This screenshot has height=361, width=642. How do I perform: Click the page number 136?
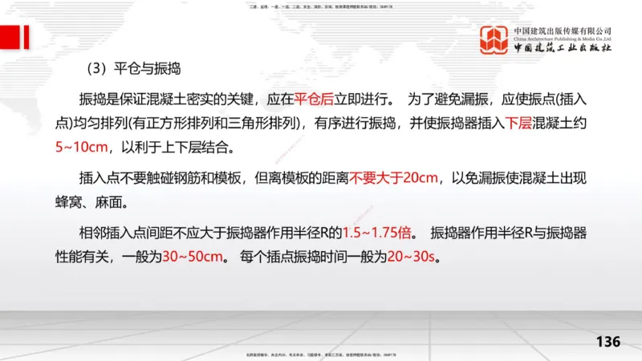click(x=608, y=342)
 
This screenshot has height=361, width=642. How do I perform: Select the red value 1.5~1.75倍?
click(x=379, y=234)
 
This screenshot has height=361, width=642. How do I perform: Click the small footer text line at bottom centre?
click(x=320, y=355)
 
